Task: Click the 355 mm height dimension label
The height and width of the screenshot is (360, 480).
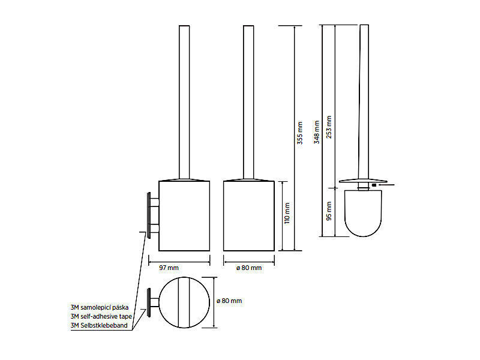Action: [x=300, y=133]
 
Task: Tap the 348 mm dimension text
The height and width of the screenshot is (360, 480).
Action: [x=317, y=132]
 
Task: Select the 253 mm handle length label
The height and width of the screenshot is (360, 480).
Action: [x=329, y=127]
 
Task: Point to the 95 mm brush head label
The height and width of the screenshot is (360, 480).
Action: [x=329, y=211]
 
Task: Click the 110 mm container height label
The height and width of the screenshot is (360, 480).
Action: [x=287, y=213]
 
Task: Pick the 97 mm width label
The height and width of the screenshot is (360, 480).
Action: [x=169, y=268]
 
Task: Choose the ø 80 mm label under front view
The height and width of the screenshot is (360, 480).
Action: [x=249, y=268]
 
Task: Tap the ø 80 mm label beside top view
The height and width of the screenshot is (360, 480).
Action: [x=229, y=301]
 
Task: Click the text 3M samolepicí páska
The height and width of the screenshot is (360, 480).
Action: [x=100, y=307]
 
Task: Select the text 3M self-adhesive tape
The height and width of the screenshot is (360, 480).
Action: [x=101, y=316]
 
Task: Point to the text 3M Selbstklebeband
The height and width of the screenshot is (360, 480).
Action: [x=99, y=325]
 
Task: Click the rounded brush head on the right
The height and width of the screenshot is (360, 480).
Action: [x=363, y=214]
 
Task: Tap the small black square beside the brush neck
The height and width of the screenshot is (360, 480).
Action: [x=374, y=185]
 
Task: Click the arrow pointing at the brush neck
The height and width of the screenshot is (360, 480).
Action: [x=386, y=185]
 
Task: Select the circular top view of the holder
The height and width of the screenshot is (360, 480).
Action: [x=184, y=302]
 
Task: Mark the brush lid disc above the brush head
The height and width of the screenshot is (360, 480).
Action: [x=363, y=181]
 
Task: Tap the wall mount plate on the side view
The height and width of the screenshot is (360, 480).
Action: [x=149, y=215]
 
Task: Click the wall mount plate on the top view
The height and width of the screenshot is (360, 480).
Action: [x=149, y=302]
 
